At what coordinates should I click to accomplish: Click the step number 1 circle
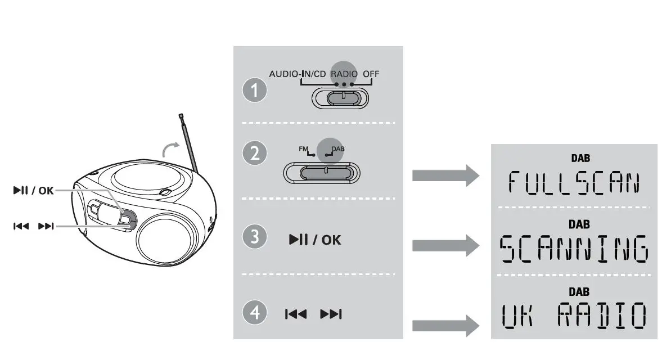point(257,92)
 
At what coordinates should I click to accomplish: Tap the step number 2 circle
point(257,154)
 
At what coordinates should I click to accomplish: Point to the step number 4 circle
point(257,313)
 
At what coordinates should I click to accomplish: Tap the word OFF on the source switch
point(371,74)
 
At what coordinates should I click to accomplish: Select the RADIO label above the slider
point(344,74)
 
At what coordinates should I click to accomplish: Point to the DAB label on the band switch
point(337,148)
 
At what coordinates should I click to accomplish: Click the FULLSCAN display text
point(573,183)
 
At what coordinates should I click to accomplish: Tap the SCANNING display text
point(573,249)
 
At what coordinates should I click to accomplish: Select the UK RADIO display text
point(573,316)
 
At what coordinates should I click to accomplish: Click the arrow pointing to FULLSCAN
point(445,176)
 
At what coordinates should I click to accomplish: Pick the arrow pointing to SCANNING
point(445,245)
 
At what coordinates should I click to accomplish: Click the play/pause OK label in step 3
point(315,240)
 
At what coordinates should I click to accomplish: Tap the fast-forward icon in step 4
point(331,314)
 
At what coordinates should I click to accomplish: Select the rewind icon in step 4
point(296,314)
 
